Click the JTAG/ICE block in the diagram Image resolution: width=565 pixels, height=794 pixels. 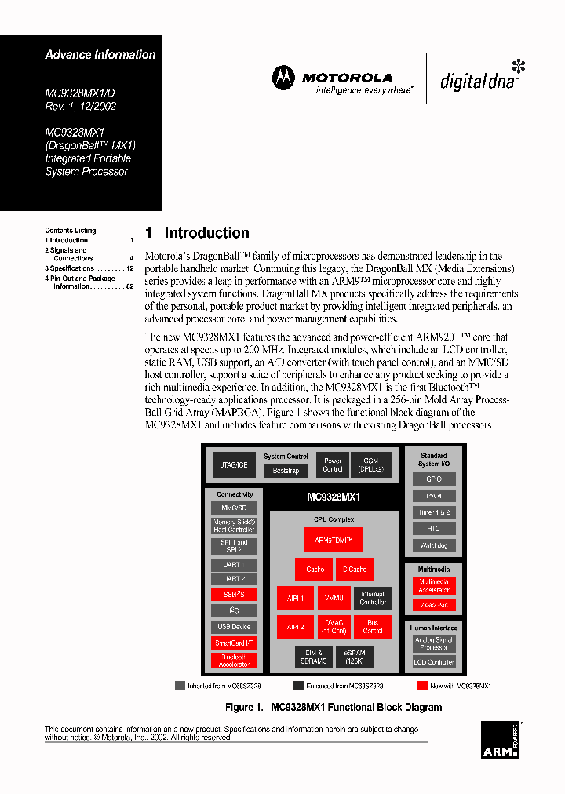234,465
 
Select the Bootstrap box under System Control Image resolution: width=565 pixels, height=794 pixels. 286,471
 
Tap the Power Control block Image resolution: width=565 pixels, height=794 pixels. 333,464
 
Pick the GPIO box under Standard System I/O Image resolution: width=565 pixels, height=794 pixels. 434,479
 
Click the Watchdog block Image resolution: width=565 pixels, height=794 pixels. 434,545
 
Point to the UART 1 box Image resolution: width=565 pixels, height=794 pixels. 234,565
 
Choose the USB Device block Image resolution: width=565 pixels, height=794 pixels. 234,627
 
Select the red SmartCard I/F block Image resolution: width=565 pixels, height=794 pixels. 234,643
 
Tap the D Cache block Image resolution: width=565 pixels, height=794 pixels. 354,570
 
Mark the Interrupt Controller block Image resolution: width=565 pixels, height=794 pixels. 372,599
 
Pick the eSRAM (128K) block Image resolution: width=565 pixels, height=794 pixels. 354,656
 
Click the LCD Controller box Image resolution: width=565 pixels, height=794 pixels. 434,662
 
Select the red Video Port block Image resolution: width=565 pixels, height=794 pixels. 434,605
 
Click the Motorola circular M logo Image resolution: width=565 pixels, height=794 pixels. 283,78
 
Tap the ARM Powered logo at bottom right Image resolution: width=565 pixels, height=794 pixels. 500,741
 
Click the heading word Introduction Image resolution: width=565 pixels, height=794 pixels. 207,233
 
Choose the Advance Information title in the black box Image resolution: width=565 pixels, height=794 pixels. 100,55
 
